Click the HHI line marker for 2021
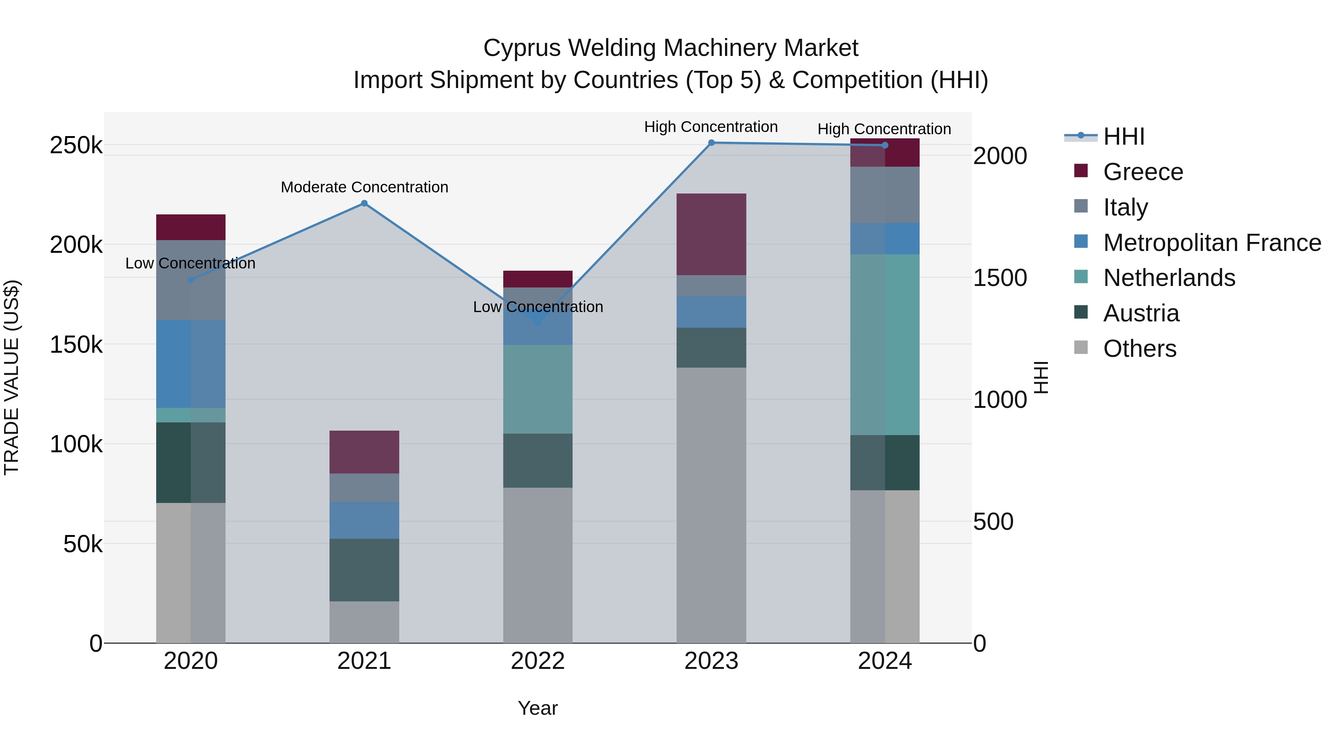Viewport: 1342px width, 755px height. [364, 204]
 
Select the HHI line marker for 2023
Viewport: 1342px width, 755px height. [711, 143]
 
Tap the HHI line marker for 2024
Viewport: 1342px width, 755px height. [885, 145]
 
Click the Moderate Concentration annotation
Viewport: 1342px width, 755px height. [364, 187]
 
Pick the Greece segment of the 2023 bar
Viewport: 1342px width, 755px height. [711, 235]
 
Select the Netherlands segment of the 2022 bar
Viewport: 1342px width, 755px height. [538, 389]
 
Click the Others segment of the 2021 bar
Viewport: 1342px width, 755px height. [364, 622]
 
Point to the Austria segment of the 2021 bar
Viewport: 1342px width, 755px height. [364, 570]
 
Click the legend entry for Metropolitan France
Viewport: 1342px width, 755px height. [1212, 243]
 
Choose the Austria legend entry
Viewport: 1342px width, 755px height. [1141, 313]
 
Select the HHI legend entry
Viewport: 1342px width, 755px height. [1124, 136]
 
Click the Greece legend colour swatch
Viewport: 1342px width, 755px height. [1081, 171]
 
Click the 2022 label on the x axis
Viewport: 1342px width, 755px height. [538, 661]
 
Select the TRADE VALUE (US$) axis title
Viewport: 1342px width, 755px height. [12, 377]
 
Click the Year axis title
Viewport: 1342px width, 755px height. [538, 708]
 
